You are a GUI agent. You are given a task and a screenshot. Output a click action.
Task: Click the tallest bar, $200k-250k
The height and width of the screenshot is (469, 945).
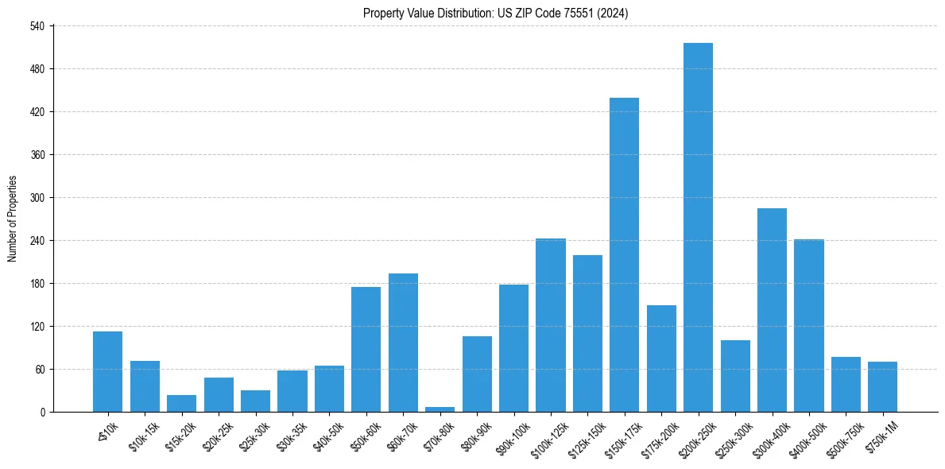coord(698,227)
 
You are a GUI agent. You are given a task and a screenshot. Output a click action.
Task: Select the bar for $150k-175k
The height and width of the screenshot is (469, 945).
coord(624,254)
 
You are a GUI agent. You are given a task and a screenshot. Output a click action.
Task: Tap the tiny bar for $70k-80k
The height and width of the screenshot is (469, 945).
coord(440,409)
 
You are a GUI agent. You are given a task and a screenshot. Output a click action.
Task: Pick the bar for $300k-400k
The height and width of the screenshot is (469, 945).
coord(772,310)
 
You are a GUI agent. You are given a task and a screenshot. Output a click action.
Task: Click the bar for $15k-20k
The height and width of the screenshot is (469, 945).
coord(181,403)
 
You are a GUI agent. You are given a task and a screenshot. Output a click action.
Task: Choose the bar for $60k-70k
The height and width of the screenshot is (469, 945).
coord(403,343)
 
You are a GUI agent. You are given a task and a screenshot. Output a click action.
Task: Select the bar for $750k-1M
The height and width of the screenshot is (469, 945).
coord(882,386)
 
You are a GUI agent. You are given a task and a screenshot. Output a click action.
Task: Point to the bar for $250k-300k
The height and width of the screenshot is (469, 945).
coord(735,376)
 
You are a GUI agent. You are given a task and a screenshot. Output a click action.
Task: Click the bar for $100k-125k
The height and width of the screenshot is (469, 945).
coord(550,325)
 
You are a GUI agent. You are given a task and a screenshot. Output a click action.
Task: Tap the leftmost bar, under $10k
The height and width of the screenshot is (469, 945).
coord(107,371)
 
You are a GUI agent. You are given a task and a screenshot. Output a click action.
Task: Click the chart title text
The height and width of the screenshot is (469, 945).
coord(496,13)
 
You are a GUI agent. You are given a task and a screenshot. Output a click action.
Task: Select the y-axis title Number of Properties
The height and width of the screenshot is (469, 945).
coord(12,219)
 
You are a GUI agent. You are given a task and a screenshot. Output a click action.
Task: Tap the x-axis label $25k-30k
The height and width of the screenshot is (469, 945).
coord(252,436)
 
